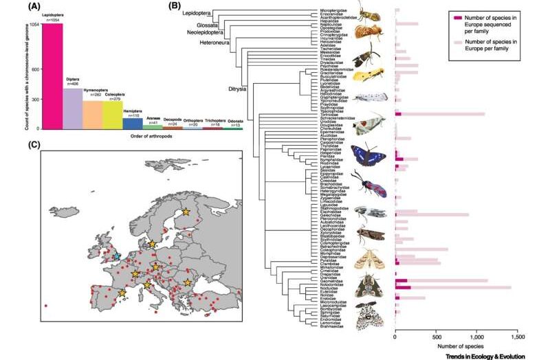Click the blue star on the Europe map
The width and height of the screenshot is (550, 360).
(117, 256)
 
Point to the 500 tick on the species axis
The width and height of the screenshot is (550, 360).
(436, 337)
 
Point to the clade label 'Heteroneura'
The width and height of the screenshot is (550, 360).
(205, 41)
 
